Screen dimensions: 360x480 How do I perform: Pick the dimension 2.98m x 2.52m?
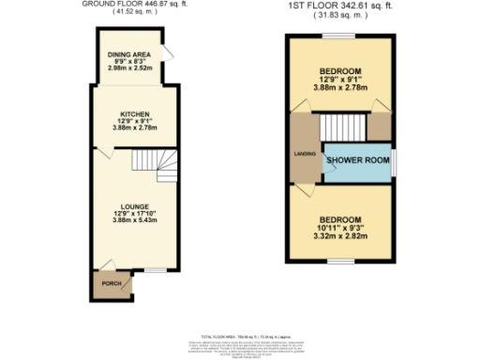(127, 69)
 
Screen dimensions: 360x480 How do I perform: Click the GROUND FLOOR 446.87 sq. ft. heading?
(140, 5)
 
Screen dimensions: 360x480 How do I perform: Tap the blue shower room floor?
(356, 170)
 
